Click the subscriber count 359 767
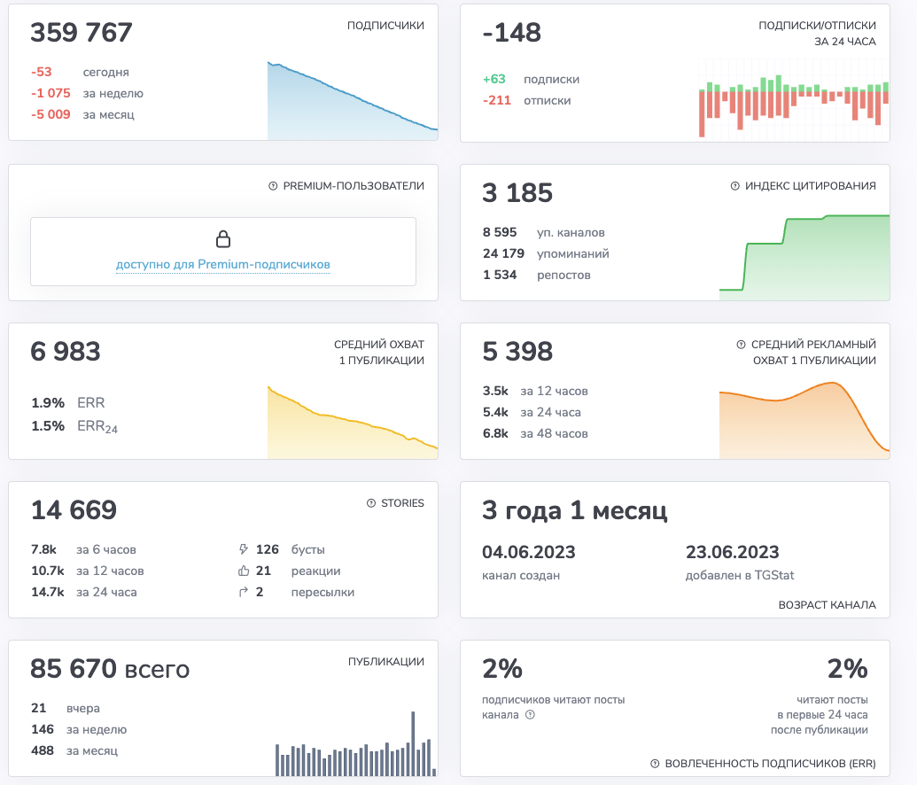(x=82, y=33)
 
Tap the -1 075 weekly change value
(x=51, y=94)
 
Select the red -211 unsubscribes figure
(x=497, y=101)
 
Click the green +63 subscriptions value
(x=494, y=79)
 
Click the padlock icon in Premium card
(x=222, y=238)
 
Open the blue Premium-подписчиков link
(x=222, y=264)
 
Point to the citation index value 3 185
(x=517, y=193)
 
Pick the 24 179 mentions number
(x=503, y=254)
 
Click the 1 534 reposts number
(x=500, y=275)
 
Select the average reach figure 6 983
(x=66, y=352)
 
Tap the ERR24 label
(x=97, y=426)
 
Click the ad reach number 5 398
(x=517, y=352)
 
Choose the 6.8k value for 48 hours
(x=495, y=433)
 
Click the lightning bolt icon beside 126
(x=244, y=549)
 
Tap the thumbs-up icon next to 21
(x=244, y=571)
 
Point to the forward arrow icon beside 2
(x=244, y=592)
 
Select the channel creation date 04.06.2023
(x=529, y=552)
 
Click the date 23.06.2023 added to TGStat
(x=732, y=552)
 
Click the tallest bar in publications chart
(x=413, y=743)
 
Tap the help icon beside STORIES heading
(x=371, y=503)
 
